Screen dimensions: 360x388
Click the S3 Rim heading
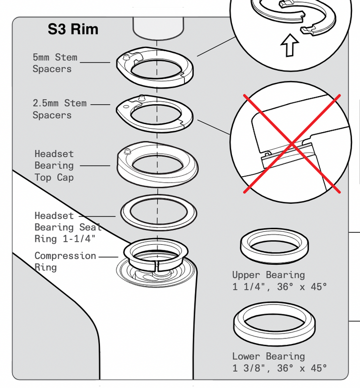click(73, 29)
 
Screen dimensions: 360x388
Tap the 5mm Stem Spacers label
click(55, 63)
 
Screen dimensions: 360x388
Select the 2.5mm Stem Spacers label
click(59, 109)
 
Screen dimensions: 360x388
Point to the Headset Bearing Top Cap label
click(54, 165)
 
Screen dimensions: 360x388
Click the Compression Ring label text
click(65, 261)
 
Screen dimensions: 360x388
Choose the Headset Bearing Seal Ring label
click(68, 227)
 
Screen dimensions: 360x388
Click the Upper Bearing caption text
click(279, 281)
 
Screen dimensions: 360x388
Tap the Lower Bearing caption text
click(279, 362)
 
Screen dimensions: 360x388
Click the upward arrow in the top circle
click(290, 46)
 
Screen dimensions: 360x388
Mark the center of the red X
click(292, 143)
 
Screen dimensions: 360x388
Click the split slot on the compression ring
click(156, 265)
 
